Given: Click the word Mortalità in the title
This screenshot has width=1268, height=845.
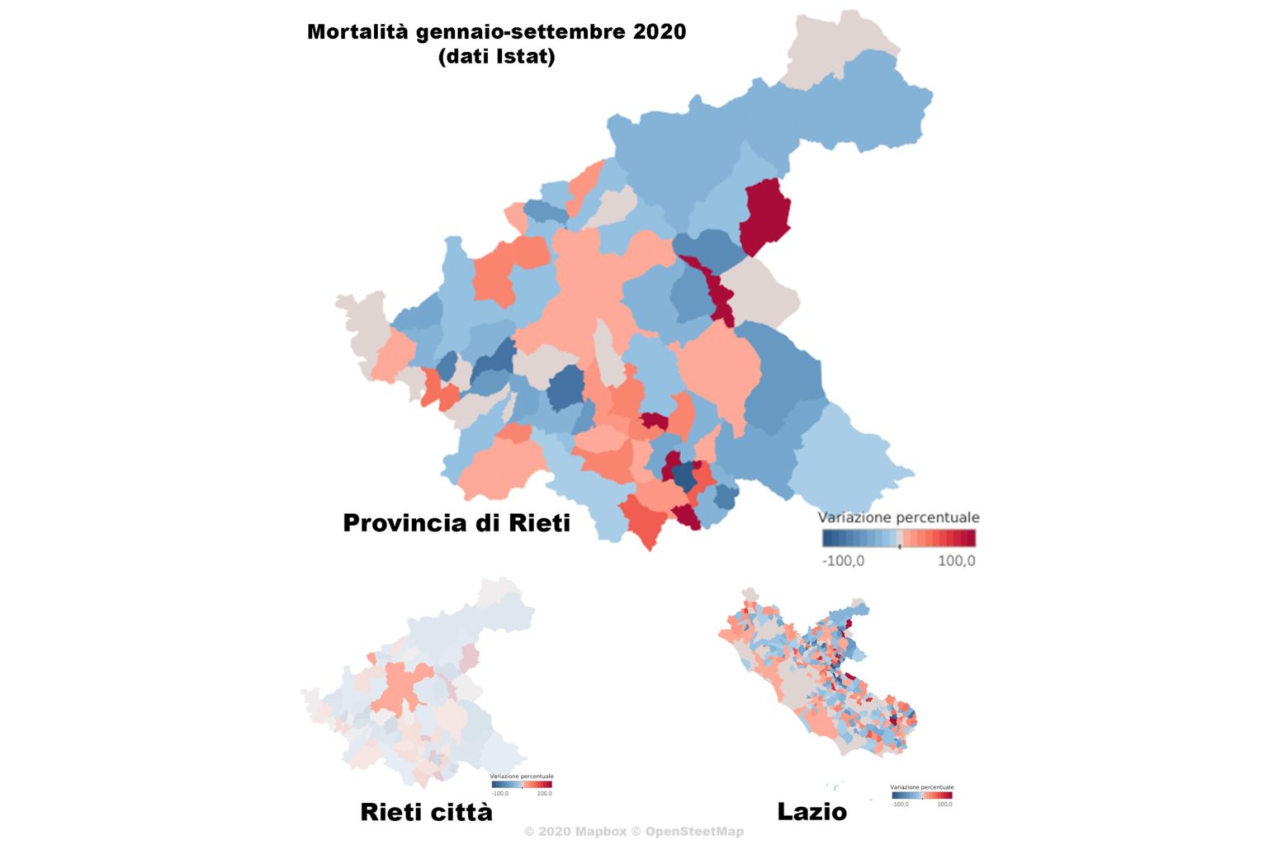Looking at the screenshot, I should [357, 32].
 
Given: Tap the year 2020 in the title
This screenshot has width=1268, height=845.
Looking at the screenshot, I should [660, 32].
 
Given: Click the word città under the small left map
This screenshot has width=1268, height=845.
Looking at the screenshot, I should [460, 812].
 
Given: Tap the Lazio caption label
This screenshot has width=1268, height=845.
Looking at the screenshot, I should [811, 812].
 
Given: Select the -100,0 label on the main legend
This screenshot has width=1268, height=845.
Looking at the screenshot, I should [843, 561].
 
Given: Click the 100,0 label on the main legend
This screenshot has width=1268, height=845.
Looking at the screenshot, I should [956, 561].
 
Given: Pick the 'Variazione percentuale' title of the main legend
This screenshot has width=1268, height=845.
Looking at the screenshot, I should [898, 517].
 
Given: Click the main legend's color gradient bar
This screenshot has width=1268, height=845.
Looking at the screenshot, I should [898, 539].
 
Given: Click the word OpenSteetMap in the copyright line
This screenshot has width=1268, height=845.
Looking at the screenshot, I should [694, 832].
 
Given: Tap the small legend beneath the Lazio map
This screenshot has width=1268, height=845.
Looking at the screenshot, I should [921, 795].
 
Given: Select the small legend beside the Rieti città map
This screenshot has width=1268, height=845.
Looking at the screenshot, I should [521, 784].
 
